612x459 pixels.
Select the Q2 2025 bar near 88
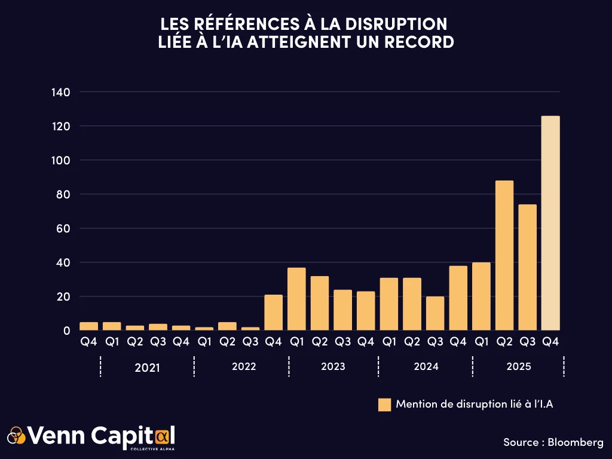pyautogui.click(x=504, y=255)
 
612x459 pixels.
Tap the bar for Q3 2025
pyautogui.click(x=527, y=267)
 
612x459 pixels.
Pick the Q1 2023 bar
pyautogui.click(x=296, y=299)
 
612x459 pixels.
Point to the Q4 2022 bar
pyautogui.click(x=273, y=313)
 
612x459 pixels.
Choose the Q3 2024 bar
pyautogui.click(x=435, y=313)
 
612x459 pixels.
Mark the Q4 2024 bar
pyautogui.click(x=458, y=298)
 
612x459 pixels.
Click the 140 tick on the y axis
pyautogui.click(x=61, y=92)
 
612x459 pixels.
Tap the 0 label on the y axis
pyautogui.click(x=67, y=331)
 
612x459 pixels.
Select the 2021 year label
pyautogui.click(x=147, y=368)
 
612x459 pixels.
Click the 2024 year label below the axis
pyautogui.click(x=426, y=366)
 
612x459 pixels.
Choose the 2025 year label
pyautogui.click(x=518, y=366)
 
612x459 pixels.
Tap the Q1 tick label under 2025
pyautogui.click(x=481, y=342)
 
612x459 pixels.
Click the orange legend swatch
pyautogui.click(x=384, y=405)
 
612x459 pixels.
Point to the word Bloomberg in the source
pyautogui.click(x=576, y=442)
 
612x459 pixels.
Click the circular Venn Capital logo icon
pyautogui.click(x=16, y=436)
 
